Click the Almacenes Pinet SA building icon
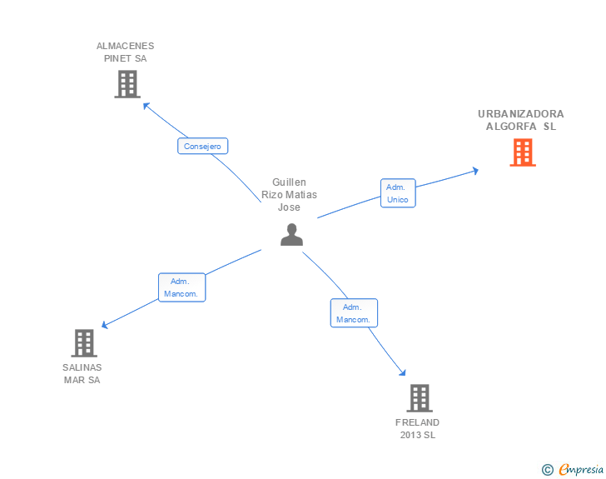tap(127, 84)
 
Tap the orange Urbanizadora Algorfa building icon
tap(522, 152)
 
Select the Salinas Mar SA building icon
tap(84, 342)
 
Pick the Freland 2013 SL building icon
tap(420, 398)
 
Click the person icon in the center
tap(291, 235)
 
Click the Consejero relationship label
tap(202, 146)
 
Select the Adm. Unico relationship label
tap(398, 193)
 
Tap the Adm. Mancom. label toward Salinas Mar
tap(181, 287)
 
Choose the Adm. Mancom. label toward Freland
tap(354, 313)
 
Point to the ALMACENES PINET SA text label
tap(126, 52)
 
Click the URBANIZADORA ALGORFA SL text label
tap(521, 120)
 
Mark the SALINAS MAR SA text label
tap(82, 373)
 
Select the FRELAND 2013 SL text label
tap(418, 428)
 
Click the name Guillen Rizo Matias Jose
tap(290, 194)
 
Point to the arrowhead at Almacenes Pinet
tap(146, 105)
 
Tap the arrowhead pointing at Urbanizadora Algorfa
tap(474, 170)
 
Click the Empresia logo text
tap(580, 470)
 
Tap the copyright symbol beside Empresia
tap(547, 470)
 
